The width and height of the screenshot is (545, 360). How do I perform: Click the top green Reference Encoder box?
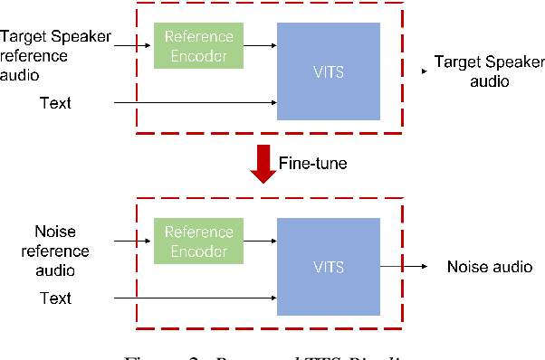point(198,46)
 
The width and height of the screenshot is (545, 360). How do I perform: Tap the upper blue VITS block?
point(328,70)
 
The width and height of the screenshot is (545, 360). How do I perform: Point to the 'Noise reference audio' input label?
point(55,250)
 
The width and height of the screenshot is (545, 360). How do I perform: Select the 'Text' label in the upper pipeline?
point(55,103)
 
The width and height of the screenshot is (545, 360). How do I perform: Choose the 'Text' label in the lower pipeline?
point(55,298)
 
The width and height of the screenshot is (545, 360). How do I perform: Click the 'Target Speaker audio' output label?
point(476,71)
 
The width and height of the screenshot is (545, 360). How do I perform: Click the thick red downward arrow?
point(263,164)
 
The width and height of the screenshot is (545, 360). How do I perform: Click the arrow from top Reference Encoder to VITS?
point(260,44)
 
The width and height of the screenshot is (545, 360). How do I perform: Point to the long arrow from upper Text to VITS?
point(195,103)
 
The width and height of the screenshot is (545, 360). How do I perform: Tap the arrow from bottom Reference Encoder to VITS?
point(260,241)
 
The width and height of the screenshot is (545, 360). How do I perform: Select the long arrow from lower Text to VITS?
point(195,298)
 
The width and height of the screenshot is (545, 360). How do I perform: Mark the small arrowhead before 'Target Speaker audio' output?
point(423,70)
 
